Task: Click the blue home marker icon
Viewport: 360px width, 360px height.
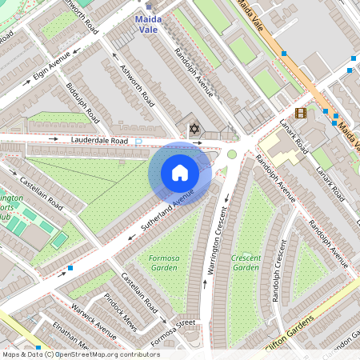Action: pos(180,173)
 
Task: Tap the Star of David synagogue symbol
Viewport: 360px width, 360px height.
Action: pos(192,129)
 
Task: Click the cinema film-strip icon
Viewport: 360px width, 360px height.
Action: pos(300,113)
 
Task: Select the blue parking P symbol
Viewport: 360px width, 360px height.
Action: pos(138,142)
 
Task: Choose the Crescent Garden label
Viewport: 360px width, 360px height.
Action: pos(246,263)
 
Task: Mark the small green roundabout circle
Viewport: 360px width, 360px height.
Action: pos(232,154)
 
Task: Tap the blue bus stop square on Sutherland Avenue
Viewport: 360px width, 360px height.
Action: pos(70,267)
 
